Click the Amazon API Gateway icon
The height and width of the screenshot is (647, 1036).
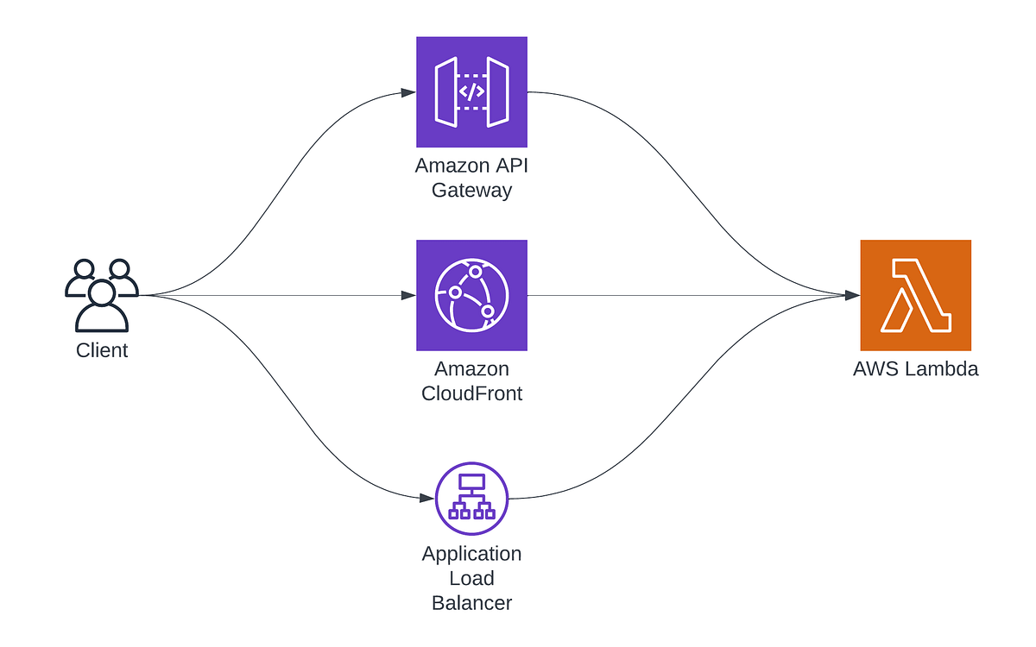pos(471,91)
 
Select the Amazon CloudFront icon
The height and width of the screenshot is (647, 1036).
pos(471,295)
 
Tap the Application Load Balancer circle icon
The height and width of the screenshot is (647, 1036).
pos(471,499)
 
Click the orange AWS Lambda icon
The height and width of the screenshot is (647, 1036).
pos(915,295)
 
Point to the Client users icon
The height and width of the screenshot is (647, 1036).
pos(101,295)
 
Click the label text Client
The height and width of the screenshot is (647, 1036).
pos(102,350)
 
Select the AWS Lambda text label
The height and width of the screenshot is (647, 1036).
pos(915,369)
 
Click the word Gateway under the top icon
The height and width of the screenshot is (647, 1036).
pos(471,190)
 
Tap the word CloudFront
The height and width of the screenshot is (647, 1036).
pos(471,394)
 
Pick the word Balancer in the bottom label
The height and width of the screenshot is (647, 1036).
pos(471,603)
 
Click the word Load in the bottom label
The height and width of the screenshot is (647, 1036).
pos(471,578)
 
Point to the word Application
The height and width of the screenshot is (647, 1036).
pos(471,553)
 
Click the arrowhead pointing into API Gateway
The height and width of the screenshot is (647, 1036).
pos(409,91)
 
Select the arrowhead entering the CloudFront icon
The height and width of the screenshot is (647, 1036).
pos(409,295)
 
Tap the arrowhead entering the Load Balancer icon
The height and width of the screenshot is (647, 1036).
pos(426,499)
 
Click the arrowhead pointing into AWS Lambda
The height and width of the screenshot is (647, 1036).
pos(853,295)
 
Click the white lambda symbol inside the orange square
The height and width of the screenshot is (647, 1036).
pos(915,295)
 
